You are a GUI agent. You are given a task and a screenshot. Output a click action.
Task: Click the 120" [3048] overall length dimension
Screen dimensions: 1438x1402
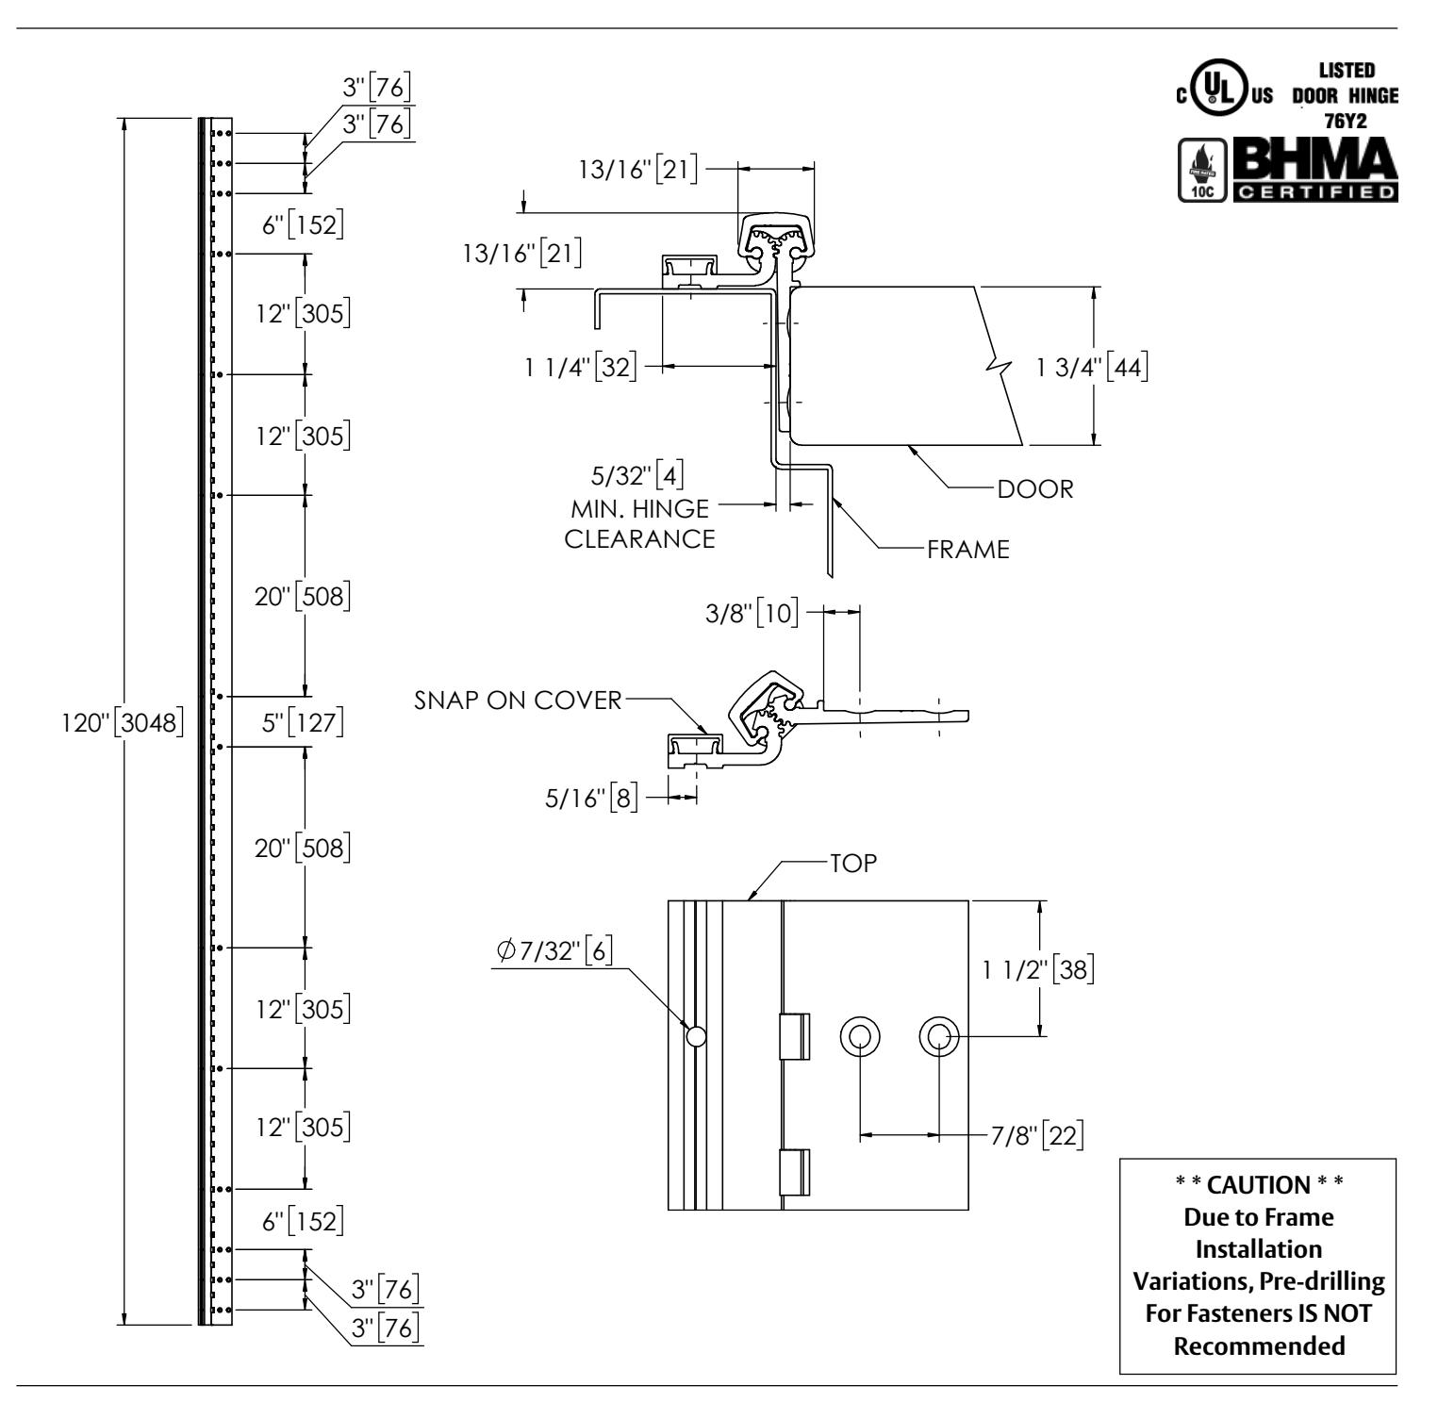tap(121, 723)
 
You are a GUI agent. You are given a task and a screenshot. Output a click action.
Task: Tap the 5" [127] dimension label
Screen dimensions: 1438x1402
tap(302, 723)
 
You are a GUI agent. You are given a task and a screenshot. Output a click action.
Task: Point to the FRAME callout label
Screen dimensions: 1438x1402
tap(968, 550)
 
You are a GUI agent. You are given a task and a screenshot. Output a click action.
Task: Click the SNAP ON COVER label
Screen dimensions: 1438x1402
tap(519, 701)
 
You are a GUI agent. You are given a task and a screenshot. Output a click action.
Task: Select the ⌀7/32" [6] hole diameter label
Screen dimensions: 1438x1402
tap(554, 952)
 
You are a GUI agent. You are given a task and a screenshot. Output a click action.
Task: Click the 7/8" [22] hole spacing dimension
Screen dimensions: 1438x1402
tap(1036, 1135)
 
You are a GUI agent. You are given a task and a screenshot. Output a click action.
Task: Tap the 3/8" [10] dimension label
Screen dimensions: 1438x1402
tap(752, 612)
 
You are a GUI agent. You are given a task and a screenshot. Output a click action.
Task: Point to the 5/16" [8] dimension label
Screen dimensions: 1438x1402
tap(592, 799)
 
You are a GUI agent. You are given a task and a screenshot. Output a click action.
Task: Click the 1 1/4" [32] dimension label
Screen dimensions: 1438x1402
tap(582, 367)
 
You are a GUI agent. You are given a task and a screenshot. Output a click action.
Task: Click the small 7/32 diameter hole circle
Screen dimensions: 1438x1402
tap(696, 1036)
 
